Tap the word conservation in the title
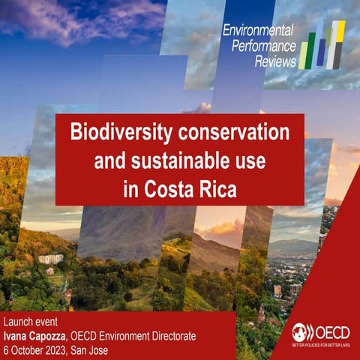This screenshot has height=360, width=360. (x=227, y=133)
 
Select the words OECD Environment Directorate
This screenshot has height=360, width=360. (x=137, y=323)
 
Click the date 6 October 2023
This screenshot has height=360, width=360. (x=38, y=336)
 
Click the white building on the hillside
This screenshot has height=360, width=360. (x=51, y=258)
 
